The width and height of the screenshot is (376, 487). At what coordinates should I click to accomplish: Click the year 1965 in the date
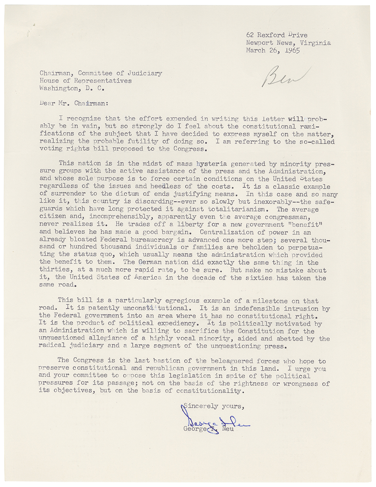(x=292, y=50)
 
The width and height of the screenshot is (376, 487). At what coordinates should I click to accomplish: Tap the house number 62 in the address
(x=250, y=35)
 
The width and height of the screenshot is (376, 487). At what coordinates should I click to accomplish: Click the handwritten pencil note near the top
(x=285, y=76)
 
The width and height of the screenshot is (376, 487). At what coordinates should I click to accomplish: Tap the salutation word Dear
(x=47, y=103)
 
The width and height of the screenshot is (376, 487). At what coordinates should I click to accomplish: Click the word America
(x=147, y=278)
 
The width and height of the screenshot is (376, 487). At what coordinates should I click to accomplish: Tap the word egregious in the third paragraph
(x=182, y=301)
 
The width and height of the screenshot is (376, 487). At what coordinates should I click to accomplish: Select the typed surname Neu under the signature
(x=228, y=429)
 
